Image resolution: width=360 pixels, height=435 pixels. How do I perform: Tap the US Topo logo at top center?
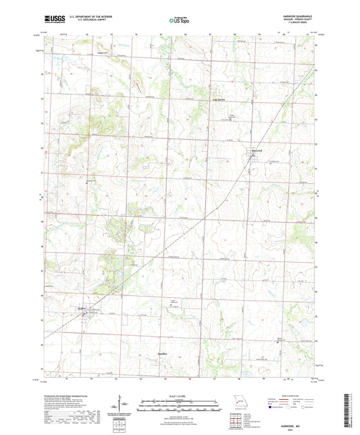pos(179,20)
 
